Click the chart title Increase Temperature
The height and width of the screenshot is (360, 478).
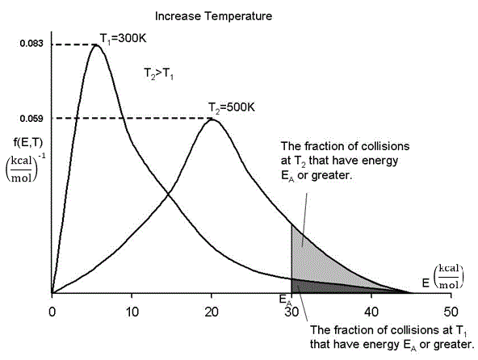[199, 15]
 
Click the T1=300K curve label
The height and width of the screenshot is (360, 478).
[126, 37]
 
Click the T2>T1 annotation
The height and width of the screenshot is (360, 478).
[159, 71]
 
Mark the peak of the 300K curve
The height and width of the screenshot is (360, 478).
[97, 44]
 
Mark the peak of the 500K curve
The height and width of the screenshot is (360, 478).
[212, 119]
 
